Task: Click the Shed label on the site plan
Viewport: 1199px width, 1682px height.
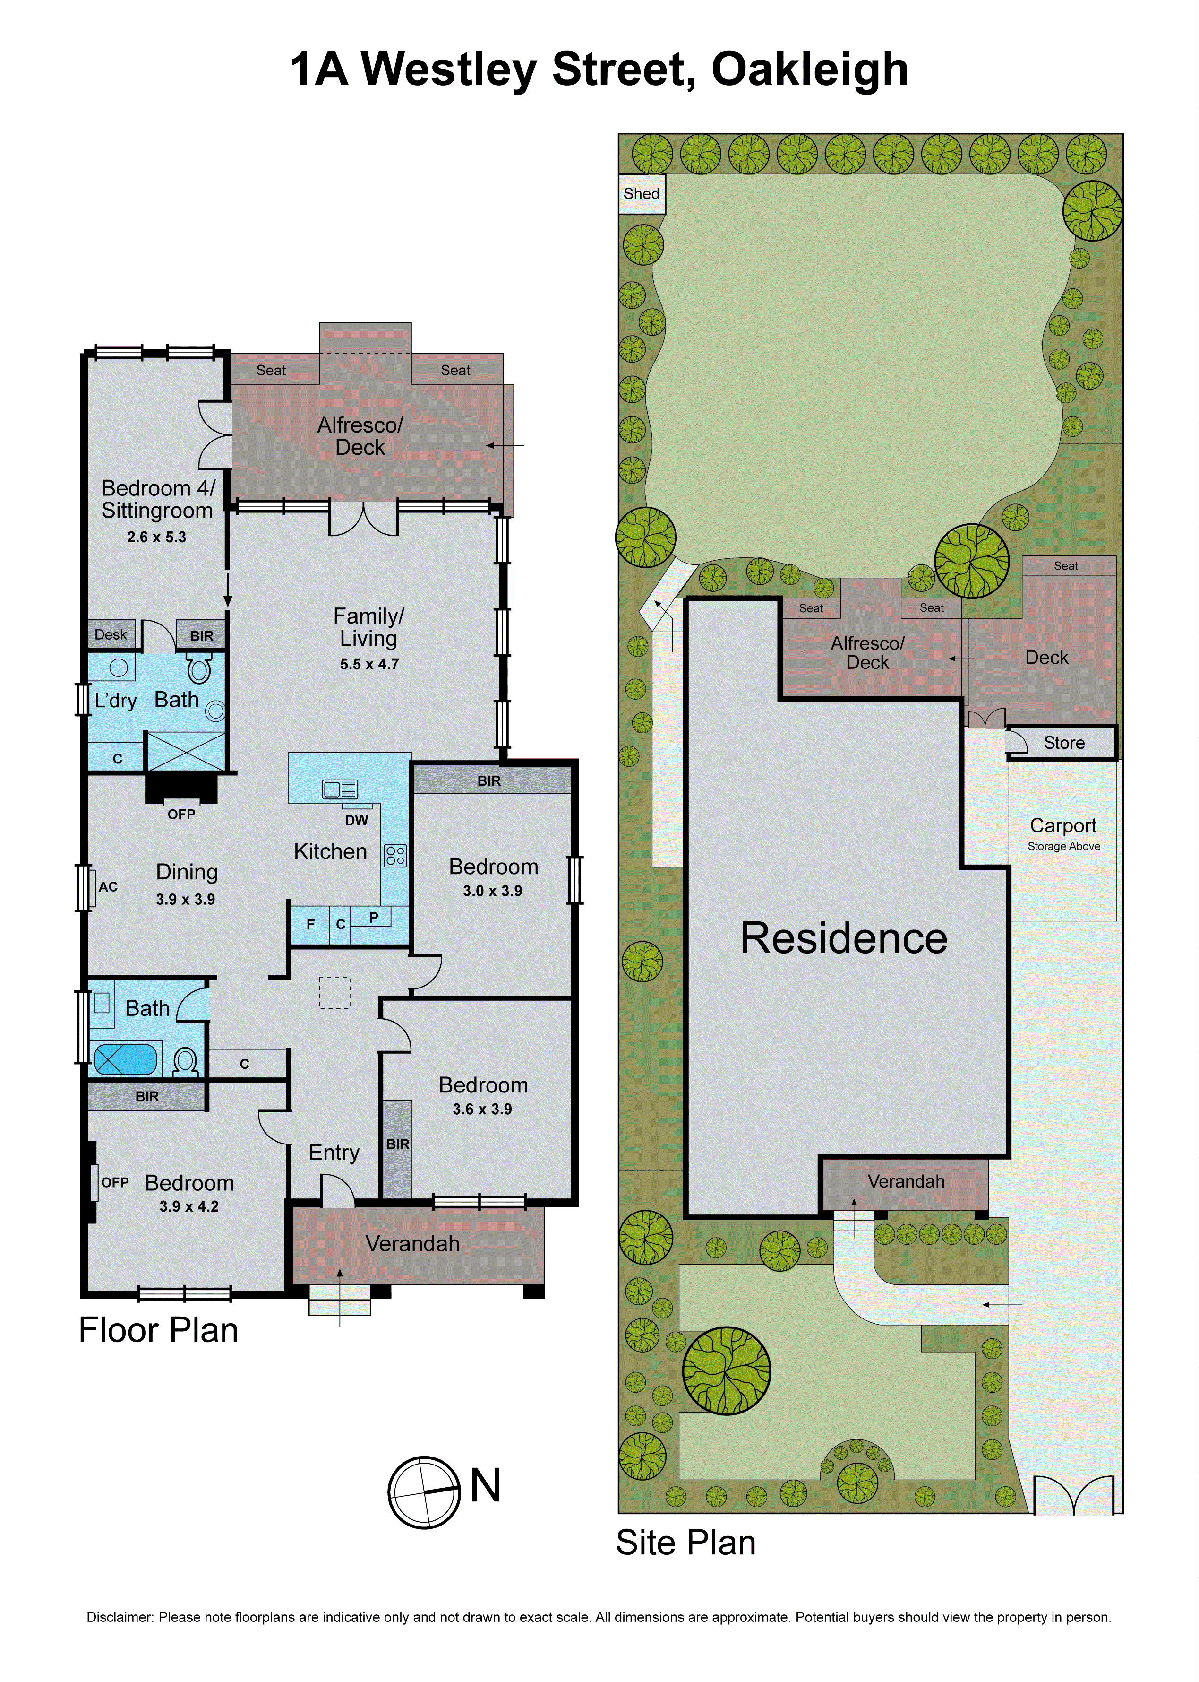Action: (x=641, y=193)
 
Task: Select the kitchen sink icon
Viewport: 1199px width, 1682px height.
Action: (x=340, y=789)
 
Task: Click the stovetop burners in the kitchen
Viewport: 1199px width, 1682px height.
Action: (x=395, y=855)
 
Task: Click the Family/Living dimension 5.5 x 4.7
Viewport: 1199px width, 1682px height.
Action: (x=369, y=664)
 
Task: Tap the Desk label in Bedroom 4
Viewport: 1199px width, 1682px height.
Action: (x=111, y=634)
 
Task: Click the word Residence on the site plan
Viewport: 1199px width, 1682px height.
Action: (x=843, y=939)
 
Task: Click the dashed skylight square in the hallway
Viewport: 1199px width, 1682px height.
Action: (x=334, y=993)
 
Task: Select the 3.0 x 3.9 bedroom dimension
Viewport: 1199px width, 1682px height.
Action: (x=492, y=891)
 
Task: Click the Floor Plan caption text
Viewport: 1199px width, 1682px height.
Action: (x=158, y=1330)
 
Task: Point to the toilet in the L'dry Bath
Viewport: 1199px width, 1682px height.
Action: (x=199, y=669)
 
